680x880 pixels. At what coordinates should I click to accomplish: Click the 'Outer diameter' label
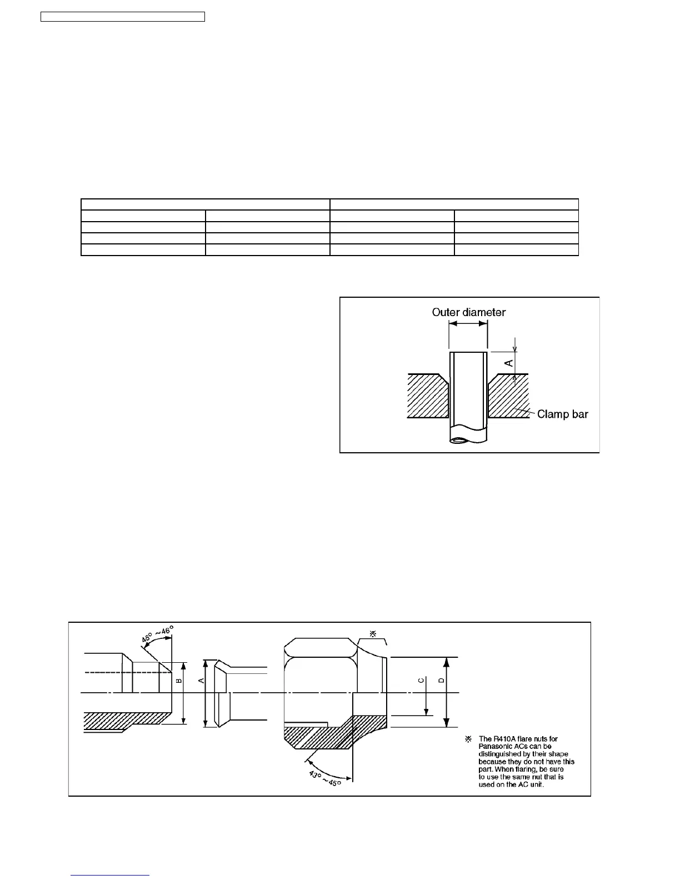469,312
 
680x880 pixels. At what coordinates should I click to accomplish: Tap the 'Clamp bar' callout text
562,414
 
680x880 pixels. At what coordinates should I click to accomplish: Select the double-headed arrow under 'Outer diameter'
468,324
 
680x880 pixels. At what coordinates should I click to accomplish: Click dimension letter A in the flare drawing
202,681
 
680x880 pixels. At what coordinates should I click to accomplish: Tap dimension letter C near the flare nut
421,681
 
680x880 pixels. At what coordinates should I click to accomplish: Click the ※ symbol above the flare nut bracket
373,633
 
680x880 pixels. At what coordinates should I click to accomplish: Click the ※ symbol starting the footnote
468,739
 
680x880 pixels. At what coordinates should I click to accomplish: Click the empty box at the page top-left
123,17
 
